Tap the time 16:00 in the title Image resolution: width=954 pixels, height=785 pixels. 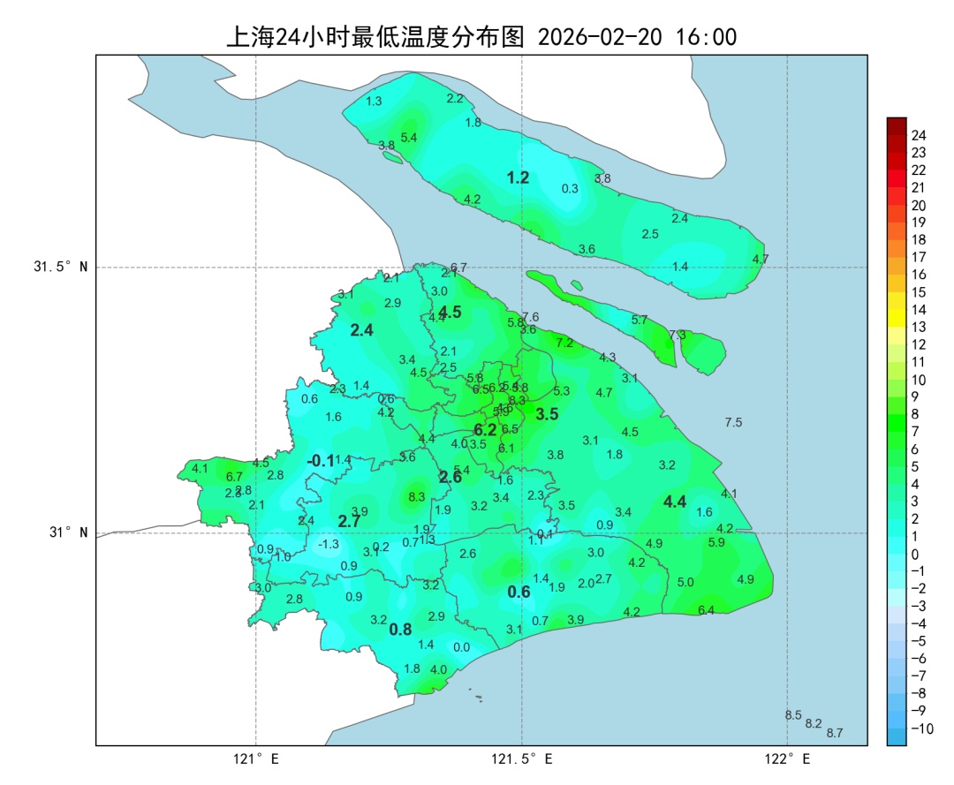[705, 37]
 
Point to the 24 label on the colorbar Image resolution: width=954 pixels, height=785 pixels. [919, 135]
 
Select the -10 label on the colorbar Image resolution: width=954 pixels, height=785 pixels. [921, 728]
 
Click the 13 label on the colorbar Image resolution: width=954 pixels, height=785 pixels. [919, 327]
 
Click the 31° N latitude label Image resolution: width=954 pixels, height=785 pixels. [64, 532]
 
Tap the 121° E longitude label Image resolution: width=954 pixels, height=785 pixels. [256, 759]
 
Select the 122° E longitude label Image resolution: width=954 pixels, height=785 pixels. [788, 759]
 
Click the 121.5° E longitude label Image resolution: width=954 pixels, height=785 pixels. [522, 759]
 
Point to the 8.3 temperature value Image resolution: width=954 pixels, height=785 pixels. [417, 497]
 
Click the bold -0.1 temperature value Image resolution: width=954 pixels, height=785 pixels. [321, 461]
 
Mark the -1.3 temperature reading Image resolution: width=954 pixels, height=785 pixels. [329, 544]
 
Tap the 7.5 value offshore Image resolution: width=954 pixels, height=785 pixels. [733, 422]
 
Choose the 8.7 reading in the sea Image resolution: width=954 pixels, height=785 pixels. [835, 733]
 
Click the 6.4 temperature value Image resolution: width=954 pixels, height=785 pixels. [706, 610]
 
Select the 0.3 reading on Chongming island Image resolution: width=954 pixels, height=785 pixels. [570, 188]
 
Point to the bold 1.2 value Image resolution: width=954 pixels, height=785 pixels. [518, 177]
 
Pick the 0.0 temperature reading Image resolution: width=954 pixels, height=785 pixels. [461, 647]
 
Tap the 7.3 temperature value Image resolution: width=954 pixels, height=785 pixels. [678, 335]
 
